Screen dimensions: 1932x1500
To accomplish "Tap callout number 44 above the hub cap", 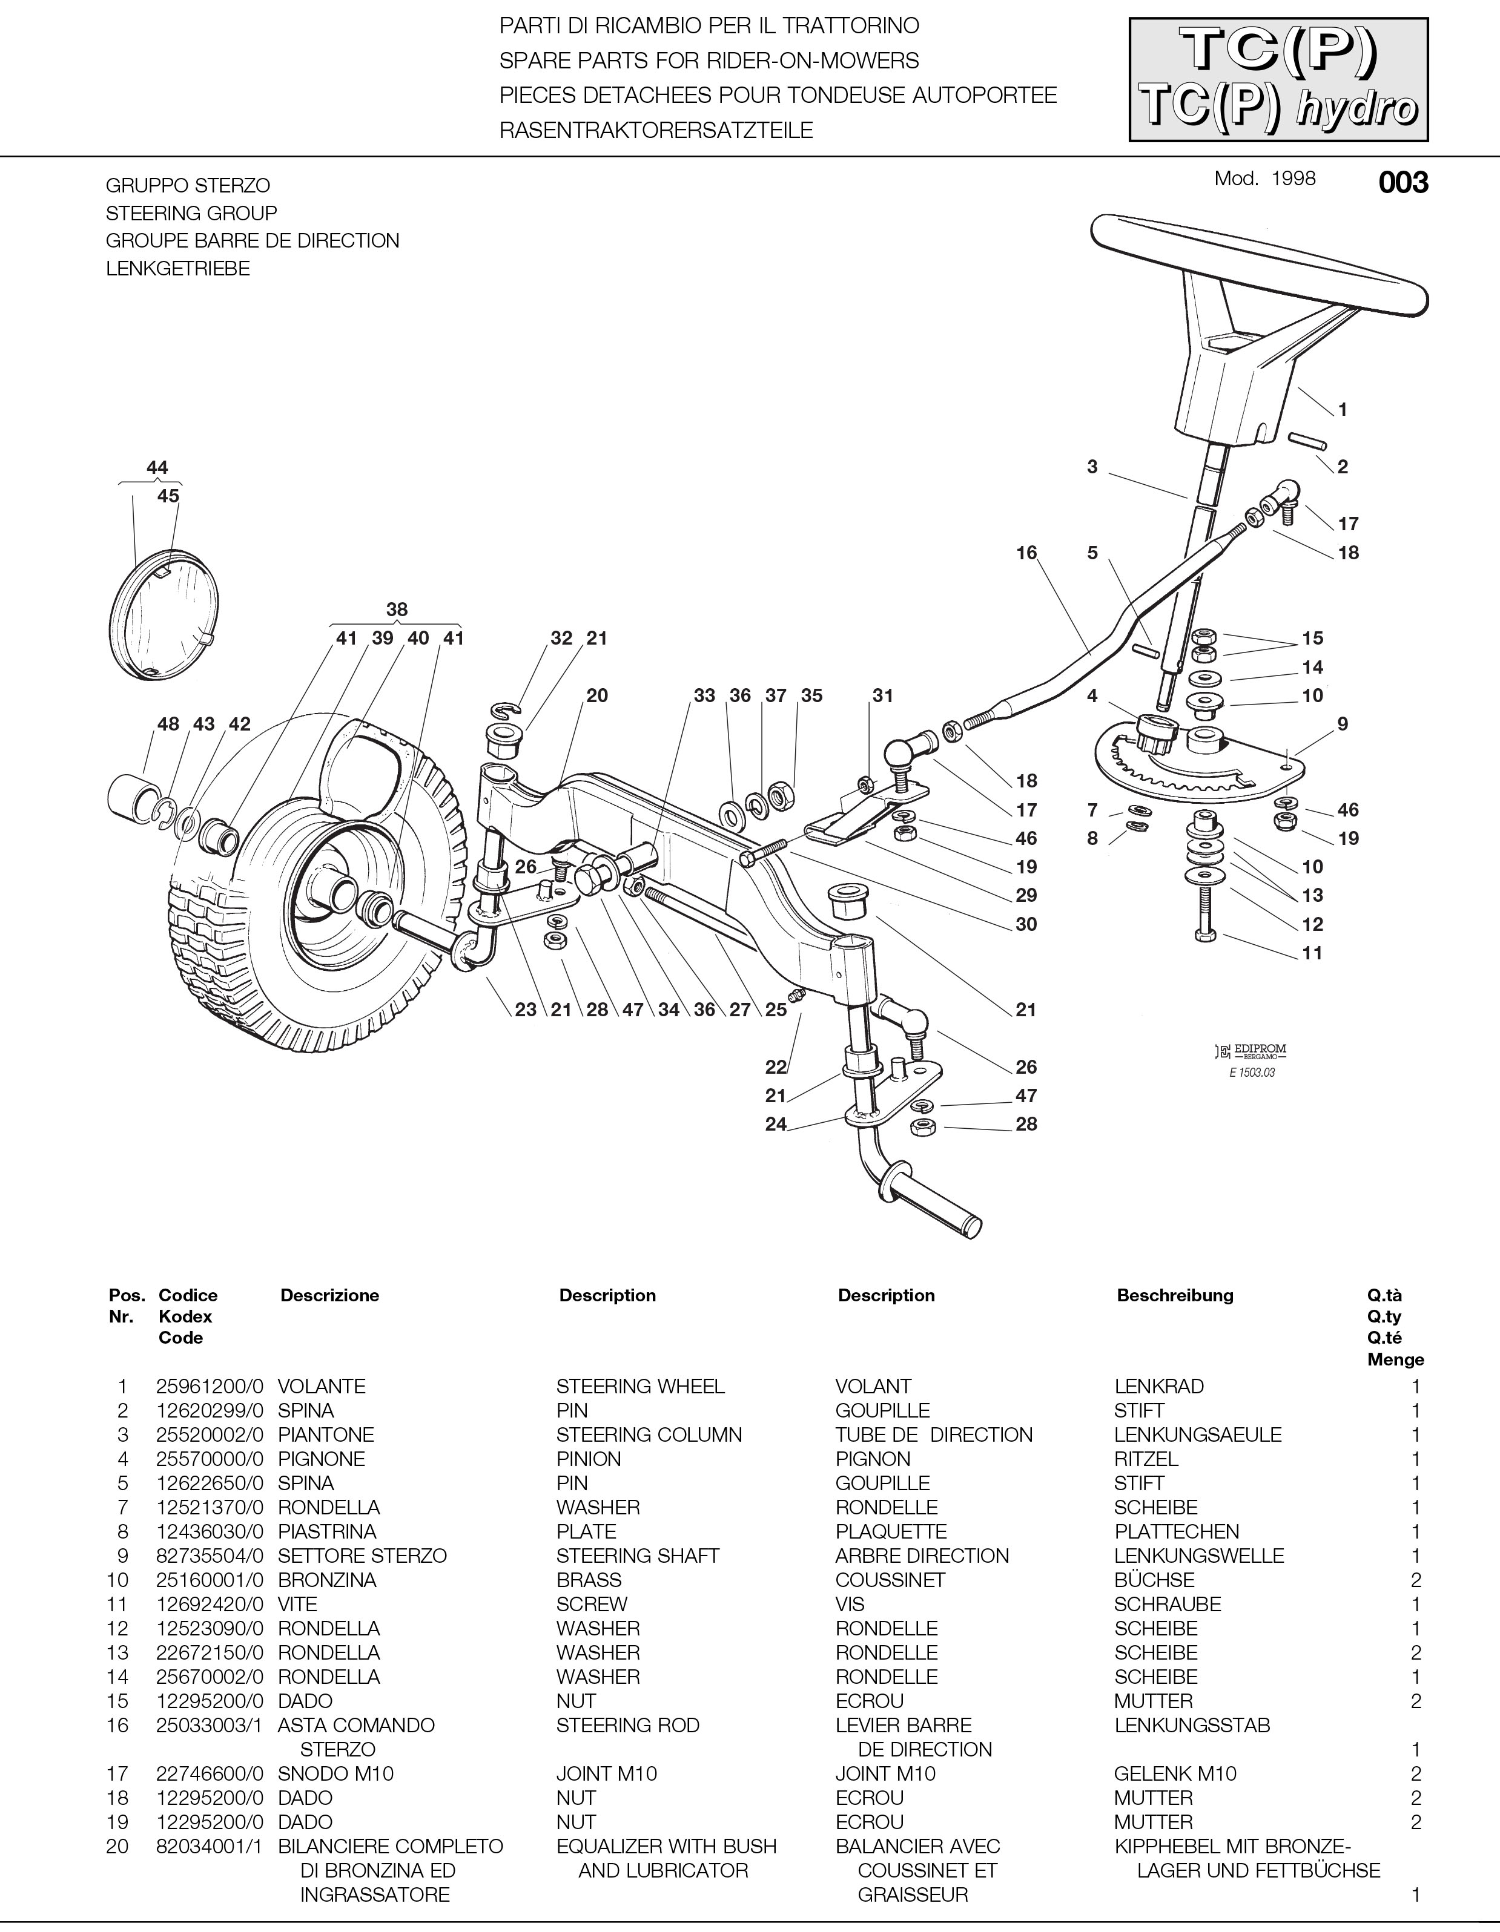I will point(157,467).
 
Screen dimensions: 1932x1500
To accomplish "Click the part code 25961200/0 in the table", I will point(210,1386).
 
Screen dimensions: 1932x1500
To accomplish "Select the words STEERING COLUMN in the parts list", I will point(649,1435).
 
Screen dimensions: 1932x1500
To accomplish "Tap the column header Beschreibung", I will point(1174,1295).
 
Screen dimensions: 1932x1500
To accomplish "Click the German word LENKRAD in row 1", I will point(1158,1386).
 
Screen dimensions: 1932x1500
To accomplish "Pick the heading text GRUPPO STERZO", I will point(188,186).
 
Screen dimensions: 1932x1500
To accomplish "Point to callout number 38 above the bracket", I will point(397,609).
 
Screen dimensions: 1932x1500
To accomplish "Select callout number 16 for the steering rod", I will point(1026,553).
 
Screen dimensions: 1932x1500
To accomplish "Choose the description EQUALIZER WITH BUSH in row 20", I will point(666,1846).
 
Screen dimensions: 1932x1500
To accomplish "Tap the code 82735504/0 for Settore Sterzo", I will point(210,1555).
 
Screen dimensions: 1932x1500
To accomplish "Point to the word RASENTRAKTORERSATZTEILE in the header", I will point(656,130).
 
